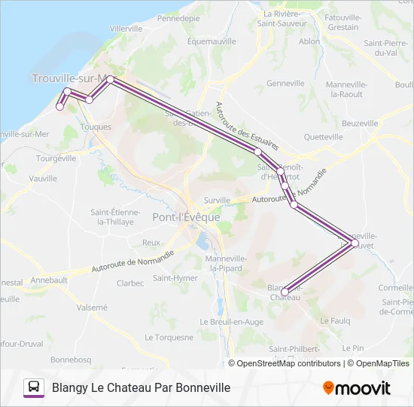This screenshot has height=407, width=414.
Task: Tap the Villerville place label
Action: point(126,28)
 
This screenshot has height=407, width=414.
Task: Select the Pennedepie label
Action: point(179,17)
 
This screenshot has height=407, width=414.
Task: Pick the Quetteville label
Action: point(324,137)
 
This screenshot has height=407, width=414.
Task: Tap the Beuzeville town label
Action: point(360,123)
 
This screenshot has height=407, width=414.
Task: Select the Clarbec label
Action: point(130,283)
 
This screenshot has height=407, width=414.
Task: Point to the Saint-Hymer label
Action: point(174,277)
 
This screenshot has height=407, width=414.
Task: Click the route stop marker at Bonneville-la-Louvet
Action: point(355,243)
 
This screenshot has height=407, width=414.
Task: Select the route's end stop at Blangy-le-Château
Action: point(285,292)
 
